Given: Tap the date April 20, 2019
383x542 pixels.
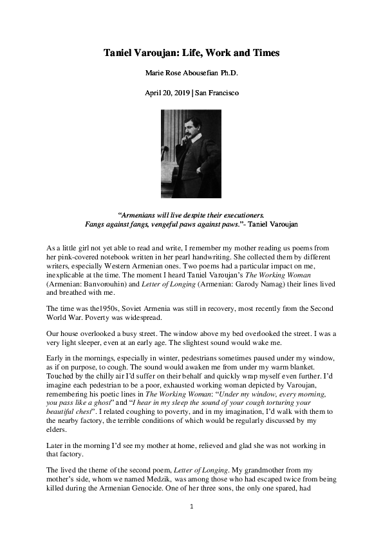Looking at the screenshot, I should click(x=167, y=93).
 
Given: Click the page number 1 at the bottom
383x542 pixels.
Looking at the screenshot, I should click(x=191, y=526).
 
